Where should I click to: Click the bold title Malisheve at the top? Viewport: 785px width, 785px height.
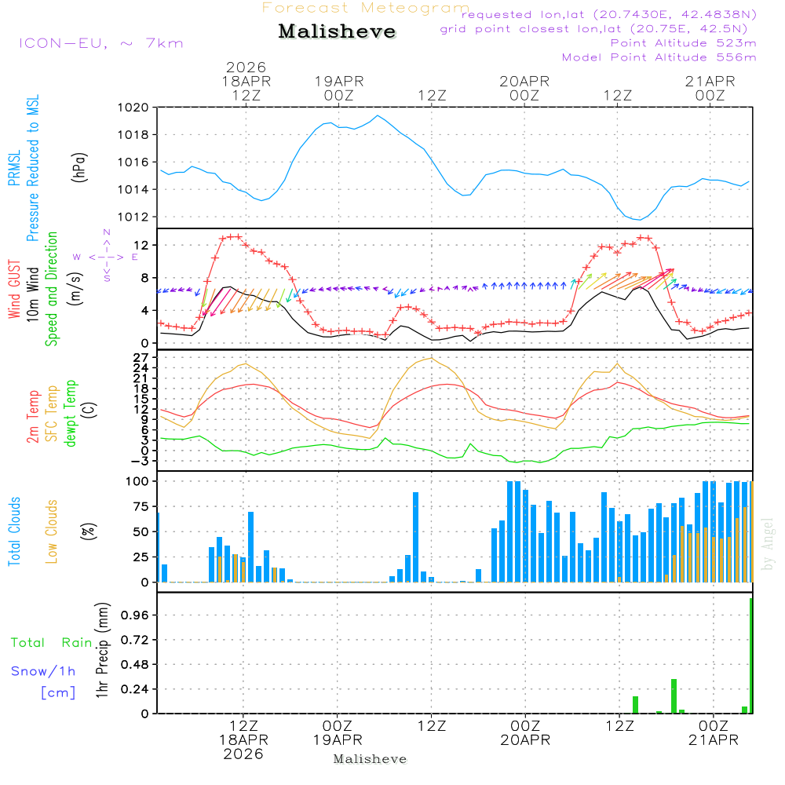[337, 32]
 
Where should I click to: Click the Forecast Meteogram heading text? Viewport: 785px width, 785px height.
[366, 8]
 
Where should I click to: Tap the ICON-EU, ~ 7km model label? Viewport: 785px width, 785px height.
[100, 43]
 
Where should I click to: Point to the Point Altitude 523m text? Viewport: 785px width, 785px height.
[683, 43]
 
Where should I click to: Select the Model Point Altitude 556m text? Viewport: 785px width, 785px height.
[659, 57]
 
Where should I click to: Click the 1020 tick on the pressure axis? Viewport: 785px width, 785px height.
[133, 108]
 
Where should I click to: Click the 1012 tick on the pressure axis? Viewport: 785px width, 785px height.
[133, 217]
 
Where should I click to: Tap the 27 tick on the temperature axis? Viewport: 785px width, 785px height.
[141, 357]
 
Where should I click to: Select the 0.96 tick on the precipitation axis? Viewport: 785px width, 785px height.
[136, 615]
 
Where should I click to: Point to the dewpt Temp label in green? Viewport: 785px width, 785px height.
[71, 414]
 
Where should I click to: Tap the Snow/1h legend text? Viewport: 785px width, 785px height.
[44, 671]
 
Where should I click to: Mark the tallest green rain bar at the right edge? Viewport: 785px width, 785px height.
[751, 655]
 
